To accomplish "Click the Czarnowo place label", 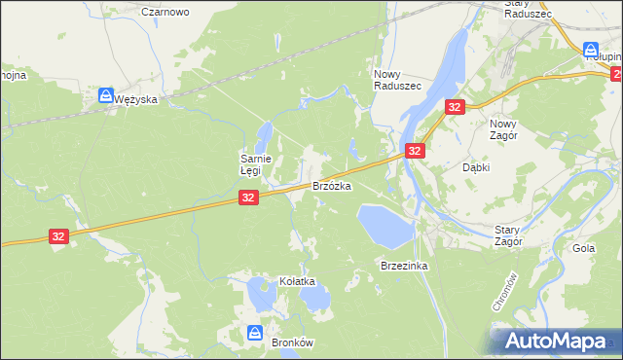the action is [165, 12].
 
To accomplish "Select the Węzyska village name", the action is [134, 98].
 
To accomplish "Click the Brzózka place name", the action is [331, 184].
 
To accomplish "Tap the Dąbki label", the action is [475, 166].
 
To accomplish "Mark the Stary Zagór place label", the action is [508, 234].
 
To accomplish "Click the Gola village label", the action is [584, 248].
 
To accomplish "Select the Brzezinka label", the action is [405, 265].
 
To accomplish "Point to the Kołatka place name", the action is [298, 281].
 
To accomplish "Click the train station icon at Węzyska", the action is [105, 95].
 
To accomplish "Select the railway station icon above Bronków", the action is [254, 333].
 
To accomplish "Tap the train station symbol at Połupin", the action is [591, 50].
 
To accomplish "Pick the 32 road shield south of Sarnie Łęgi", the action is [248, 198].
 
